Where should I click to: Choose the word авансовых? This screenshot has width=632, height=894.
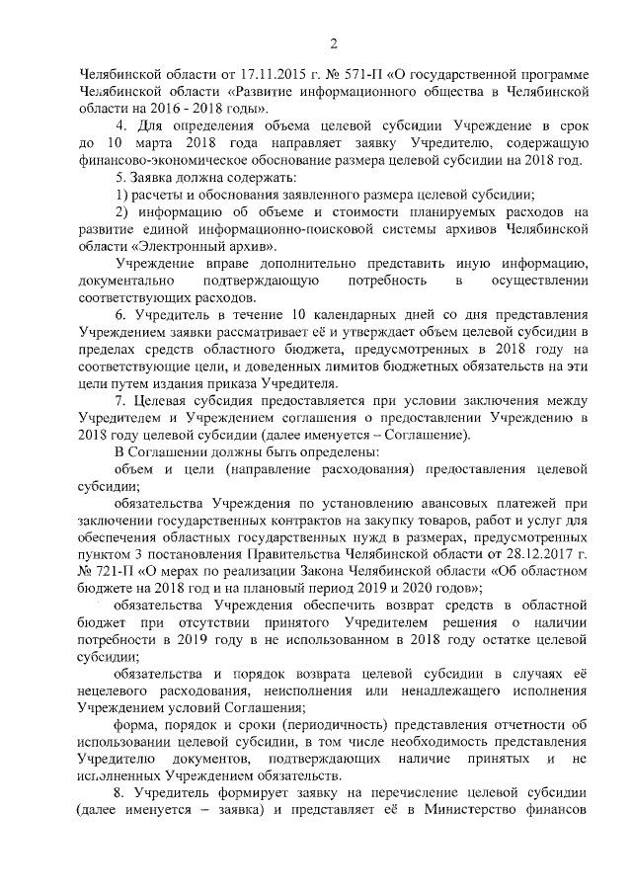tap(445, 501)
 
